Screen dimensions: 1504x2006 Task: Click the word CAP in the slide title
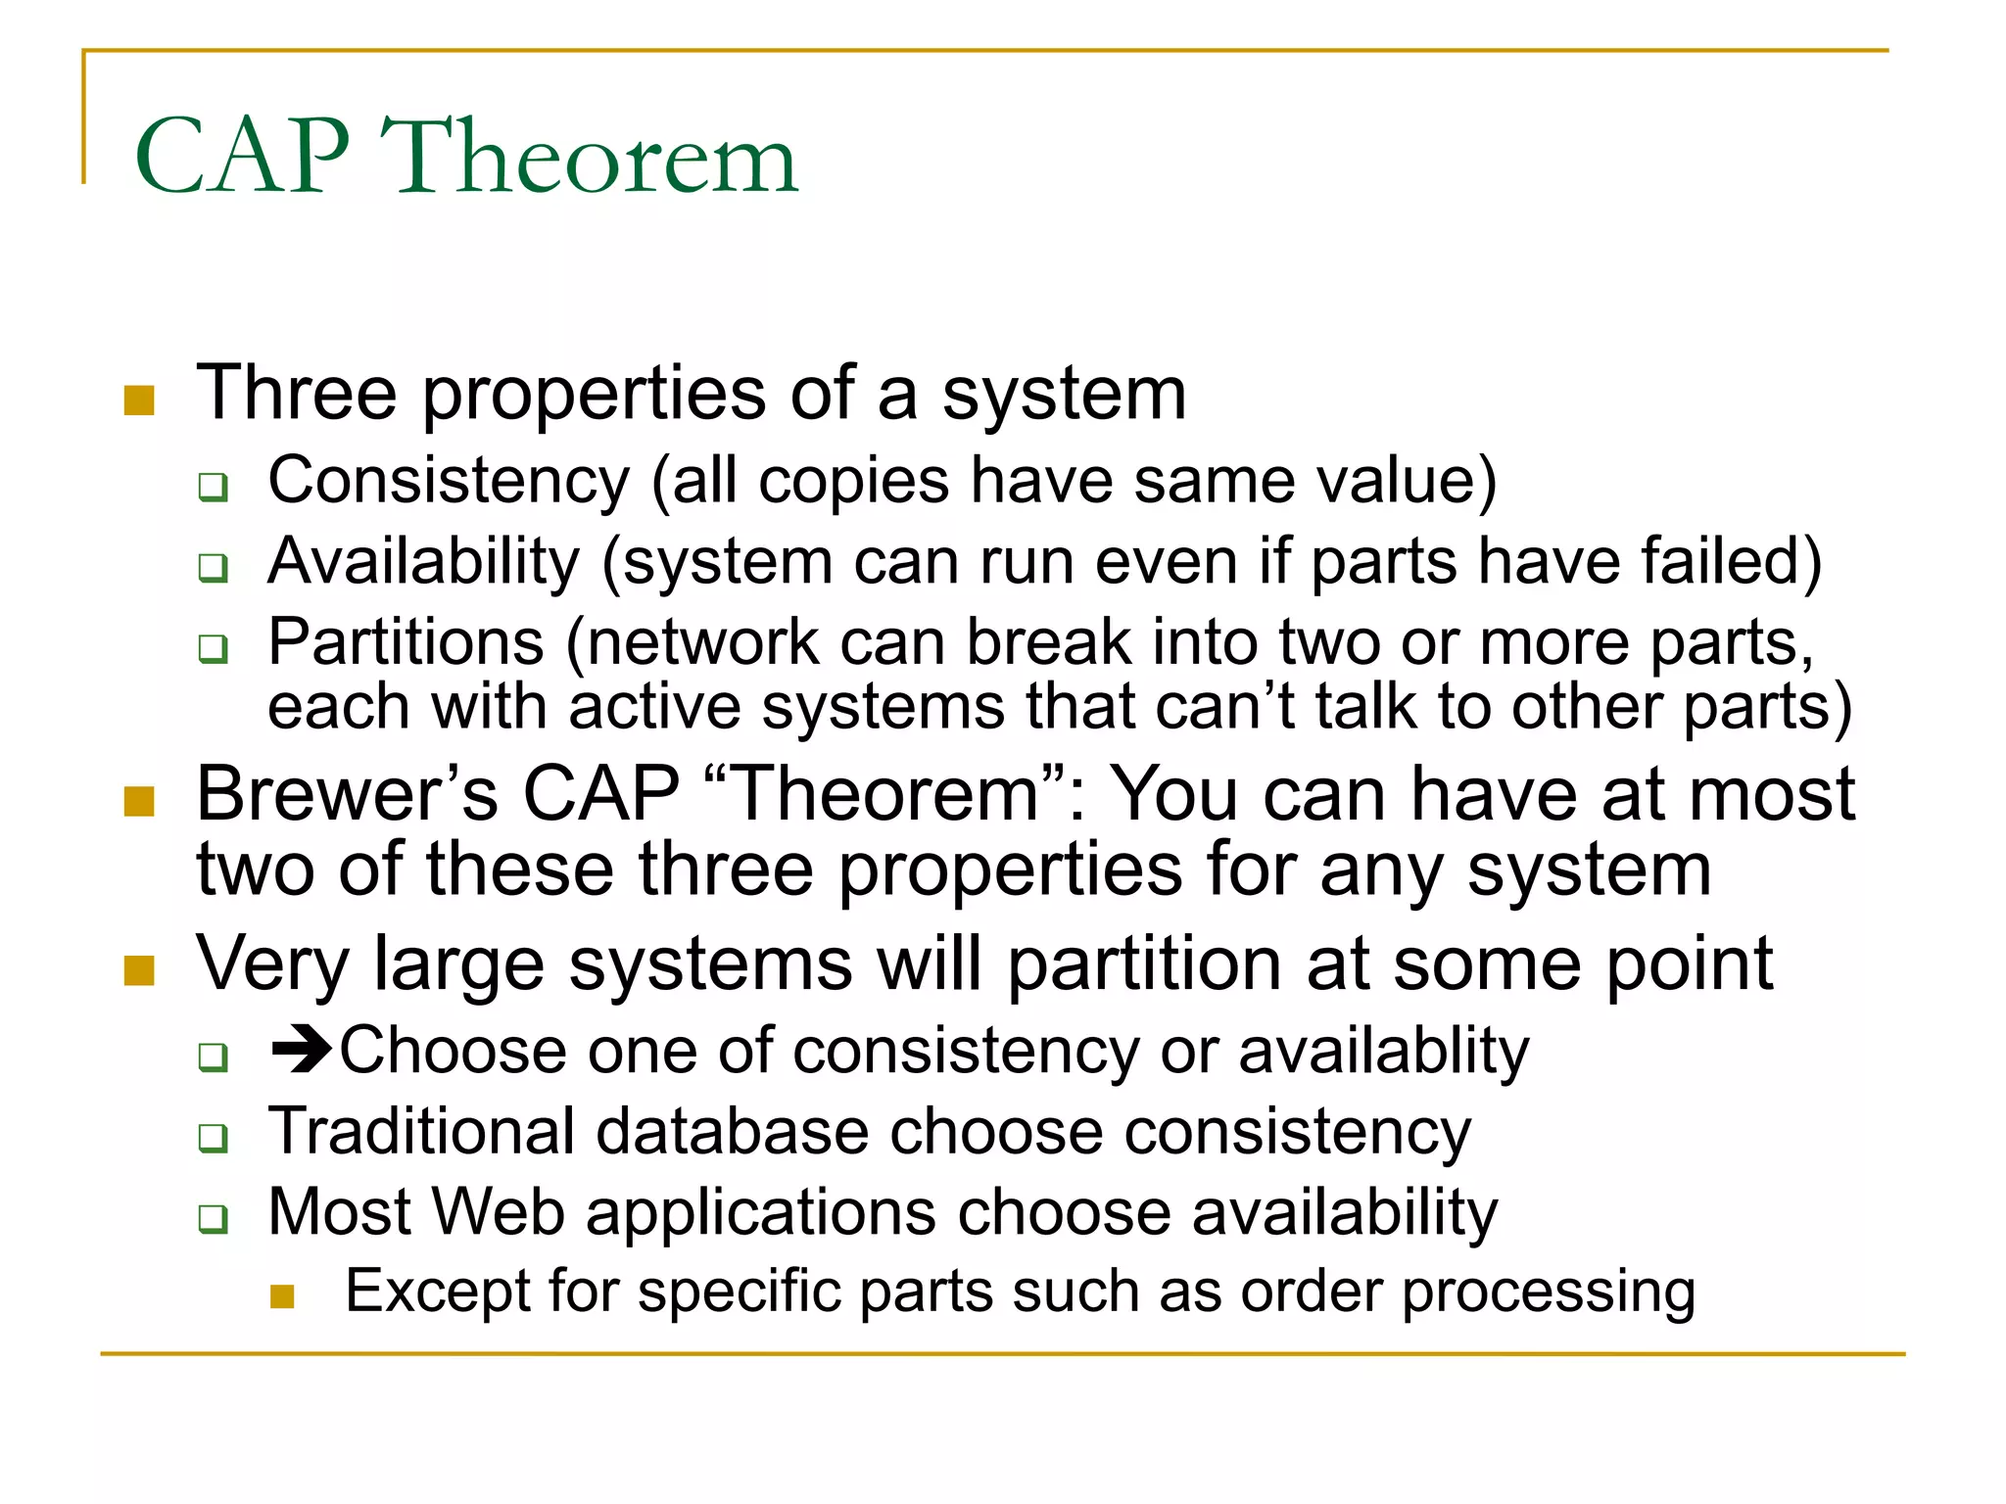[242, 157]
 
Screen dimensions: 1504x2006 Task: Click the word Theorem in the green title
[590, 157]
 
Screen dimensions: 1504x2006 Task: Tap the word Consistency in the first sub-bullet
[449, 481]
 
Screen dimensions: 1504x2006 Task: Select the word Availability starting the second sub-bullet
[424, 562]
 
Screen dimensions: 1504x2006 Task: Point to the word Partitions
[406, 643]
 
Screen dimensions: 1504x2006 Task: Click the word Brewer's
[347, 793]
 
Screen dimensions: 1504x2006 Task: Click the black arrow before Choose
[302, 1050]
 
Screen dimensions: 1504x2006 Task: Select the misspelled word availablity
[1383, 1052]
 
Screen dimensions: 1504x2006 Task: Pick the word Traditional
[421, 1132]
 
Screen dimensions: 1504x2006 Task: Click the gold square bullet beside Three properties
[140, 399]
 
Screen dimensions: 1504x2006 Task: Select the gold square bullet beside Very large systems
[140, 970]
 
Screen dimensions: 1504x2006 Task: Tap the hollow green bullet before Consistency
[213, 487]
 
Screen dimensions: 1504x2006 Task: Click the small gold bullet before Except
[282, 1296]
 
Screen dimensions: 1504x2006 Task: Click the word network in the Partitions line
[703, 643]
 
